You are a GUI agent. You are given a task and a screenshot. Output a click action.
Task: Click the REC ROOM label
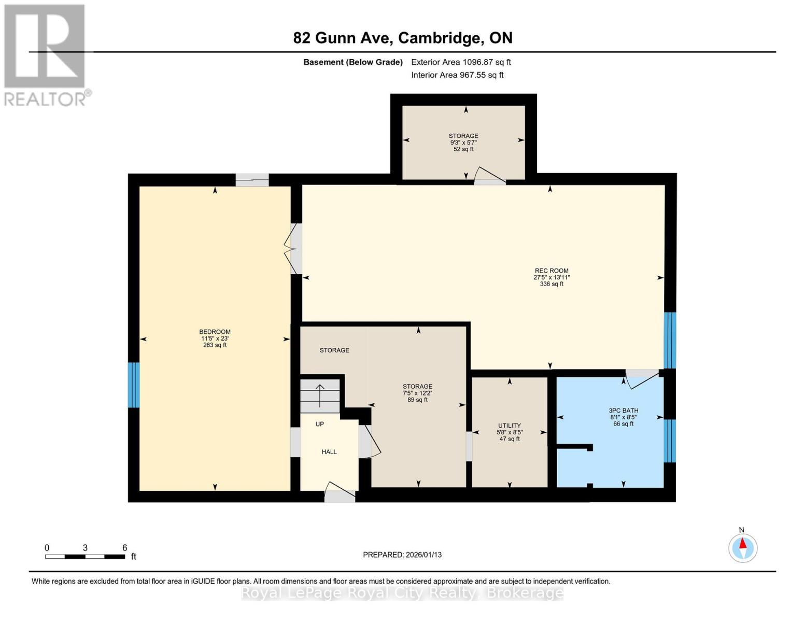(552, 271)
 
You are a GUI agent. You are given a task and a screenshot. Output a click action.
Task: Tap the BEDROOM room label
(215, 332)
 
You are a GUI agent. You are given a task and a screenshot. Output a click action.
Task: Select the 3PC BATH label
(623, 411)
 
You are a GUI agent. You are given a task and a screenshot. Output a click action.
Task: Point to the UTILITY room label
(509, 426)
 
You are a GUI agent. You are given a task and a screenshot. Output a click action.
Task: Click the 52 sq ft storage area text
(463, 149)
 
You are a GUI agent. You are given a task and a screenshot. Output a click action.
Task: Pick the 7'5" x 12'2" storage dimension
(417, 393)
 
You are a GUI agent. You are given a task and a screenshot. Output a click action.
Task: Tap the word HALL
(329, 452)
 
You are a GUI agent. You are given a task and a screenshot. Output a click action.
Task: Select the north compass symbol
(743, 548)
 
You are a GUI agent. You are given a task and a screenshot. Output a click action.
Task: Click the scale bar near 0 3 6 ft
(85, 557)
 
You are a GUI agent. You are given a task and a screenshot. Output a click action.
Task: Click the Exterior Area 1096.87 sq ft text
(461, 62)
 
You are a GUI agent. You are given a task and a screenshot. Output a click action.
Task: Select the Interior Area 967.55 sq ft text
(457, 75)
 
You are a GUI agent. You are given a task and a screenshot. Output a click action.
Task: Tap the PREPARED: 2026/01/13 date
(402, 555)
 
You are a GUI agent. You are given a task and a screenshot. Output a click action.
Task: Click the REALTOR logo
(45, 54)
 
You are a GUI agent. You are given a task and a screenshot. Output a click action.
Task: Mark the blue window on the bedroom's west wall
(134, 385)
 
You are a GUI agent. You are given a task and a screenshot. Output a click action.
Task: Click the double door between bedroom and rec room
(293, 249)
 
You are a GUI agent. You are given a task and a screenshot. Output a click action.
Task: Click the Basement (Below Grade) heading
(353, 62)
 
